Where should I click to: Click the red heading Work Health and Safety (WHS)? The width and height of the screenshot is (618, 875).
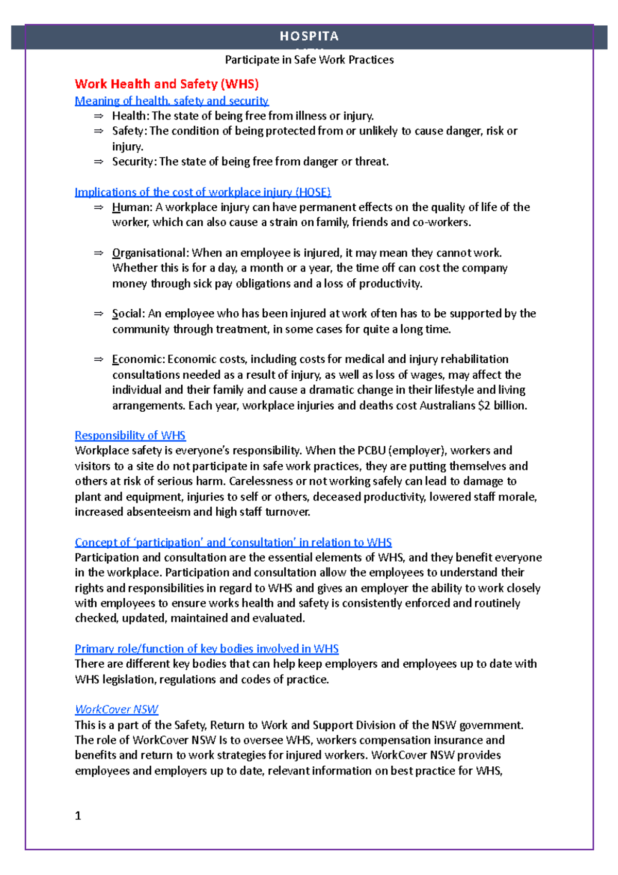166,84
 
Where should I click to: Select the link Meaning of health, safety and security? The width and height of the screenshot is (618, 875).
171,101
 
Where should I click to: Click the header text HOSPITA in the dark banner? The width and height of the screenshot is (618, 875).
309,36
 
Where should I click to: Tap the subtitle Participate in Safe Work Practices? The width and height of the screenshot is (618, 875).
309,60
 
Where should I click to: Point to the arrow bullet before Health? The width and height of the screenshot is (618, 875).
98,116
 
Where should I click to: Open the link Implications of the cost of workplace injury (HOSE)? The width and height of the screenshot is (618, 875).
202,192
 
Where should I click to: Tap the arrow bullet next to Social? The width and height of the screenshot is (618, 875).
98,314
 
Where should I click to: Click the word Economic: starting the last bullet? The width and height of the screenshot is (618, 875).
138,359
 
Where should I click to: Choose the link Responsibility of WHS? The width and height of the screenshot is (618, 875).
130,435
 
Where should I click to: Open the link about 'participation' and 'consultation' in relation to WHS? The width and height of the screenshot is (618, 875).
233,543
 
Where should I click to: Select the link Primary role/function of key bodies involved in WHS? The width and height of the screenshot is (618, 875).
207,649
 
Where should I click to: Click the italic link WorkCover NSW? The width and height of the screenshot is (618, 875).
116,710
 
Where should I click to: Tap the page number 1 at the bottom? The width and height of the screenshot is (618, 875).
78,816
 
